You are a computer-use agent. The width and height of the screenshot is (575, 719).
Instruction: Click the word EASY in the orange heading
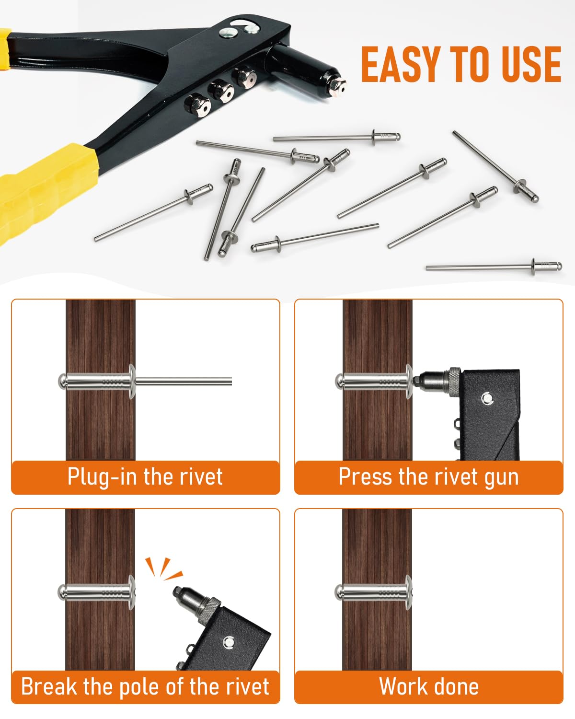(x=401, y=64)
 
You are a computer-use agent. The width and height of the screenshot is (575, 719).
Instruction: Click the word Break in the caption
(x=49, y=687)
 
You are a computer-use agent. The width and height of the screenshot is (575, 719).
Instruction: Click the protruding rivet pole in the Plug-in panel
(x=184, y=382)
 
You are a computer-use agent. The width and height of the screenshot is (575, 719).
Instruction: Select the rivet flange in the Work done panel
(x=409, y=593)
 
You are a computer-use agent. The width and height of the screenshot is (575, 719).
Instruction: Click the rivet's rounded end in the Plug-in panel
(x=62, y=382)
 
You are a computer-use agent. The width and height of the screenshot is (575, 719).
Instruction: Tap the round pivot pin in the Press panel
(x=487, y=398)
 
